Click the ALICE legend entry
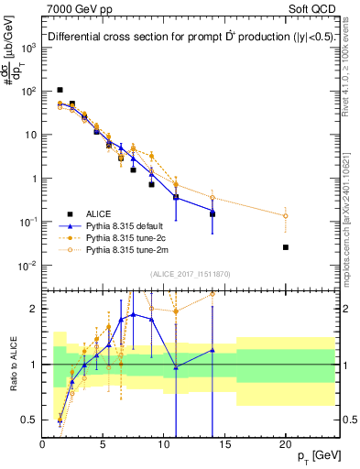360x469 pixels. tap(99, 213)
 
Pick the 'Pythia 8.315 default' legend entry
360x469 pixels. tap(130, 225)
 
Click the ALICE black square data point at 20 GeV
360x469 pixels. tap(286, 247)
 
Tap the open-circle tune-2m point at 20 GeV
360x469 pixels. tap(286, 216)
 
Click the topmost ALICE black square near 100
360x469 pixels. tap(60, 90)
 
